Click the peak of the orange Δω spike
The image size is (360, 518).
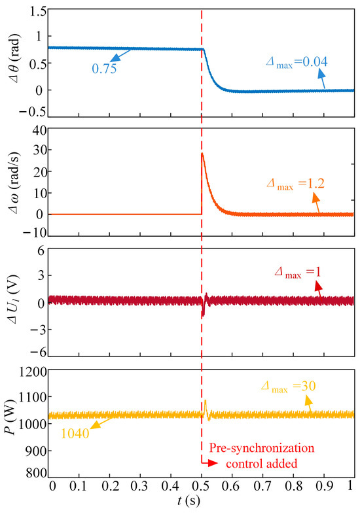tap(203, 154)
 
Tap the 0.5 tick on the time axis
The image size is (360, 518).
tap(202, 487)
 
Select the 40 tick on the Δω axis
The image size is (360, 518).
tap(39, 131)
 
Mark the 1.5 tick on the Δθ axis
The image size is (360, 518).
tap(37, 12)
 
